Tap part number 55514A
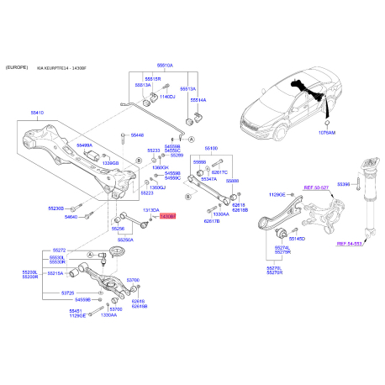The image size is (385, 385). point(198,99)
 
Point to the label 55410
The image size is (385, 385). point(38,111)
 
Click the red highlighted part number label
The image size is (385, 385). point(167,217)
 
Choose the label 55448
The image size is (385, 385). point(136,134)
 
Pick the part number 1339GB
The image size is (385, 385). point(110,162)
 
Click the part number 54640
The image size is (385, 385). point(71,217)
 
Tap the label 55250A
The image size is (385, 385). point(125,240)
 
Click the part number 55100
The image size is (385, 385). point(211,148)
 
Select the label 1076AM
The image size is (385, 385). point(327,133)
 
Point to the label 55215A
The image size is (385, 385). point(55,273)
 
